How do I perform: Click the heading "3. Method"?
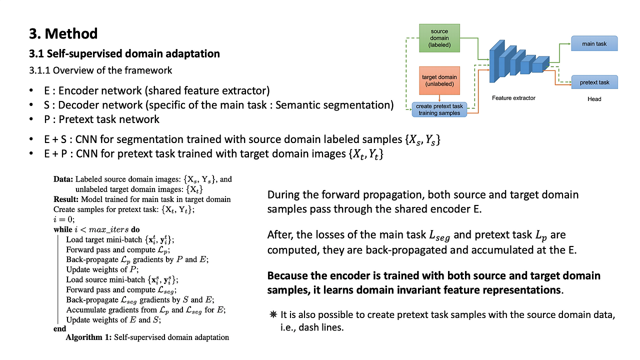pyautogui.click(x=63, y=33)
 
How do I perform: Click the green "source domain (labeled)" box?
pyautogui.click(x=439, y=38)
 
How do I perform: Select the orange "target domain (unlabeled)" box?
pyautogui.click(x=439, y=80)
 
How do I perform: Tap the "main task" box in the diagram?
pyautogui.click(x=594, y=43)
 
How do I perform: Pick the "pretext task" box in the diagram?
pyautogui.click(x=594, y=82)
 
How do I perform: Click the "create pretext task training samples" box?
pyautogui.click(x=439, y=109)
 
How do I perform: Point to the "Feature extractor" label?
pyautogui.click(x=513, y=98)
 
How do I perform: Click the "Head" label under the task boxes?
pyautogui.click(x=594, y=99)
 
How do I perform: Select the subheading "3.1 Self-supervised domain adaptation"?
pyautogui.click(x=124, y=53)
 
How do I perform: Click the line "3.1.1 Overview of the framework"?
pyautogui.click(x=100, y=70)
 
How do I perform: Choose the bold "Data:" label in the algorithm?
pyautogui.click(x=63, y=179)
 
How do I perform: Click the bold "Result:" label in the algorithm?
pyautogui.click(x=66, y=199)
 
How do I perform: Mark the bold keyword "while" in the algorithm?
pyautogui.click(x=63, y=229)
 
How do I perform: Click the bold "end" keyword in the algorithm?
pyautogui.click(x=59, y=328)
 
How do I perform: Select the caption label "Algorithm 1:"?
pyautogui.click(x=88, y=337)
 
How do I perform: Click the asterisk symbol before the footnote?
pyautogui.click(x=273, y=314)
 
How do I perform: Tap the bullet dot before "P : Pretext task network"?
pyautogui.click(x=31, y=119)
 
